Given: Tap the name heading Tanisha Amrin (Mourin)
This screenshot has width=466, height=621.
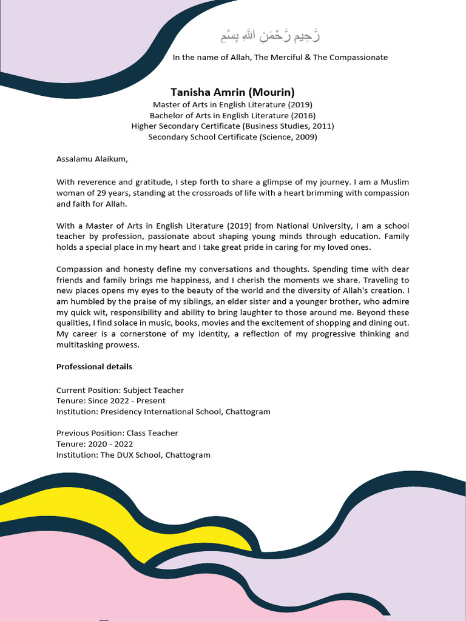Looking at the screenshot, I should tap(232, 92).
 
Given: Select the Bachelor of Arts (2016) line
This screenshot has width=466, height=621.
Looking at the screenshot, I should tap(232, 115).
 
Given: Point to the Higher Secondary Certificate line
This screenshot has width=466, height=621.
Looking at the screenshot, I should tap(232, 126).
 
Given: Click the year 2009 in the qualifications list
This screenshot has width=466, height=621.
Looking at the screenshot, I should tap(305, 137).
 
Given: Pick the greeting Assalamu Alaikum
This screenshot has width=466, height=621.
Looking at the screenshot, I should tap(92, 159).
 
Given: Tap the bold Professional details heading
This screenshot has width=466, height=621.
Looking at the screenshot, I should tap(94, 367).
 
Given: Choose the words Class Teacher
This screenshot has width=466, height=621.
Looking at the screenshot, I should tap(152, 433).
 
